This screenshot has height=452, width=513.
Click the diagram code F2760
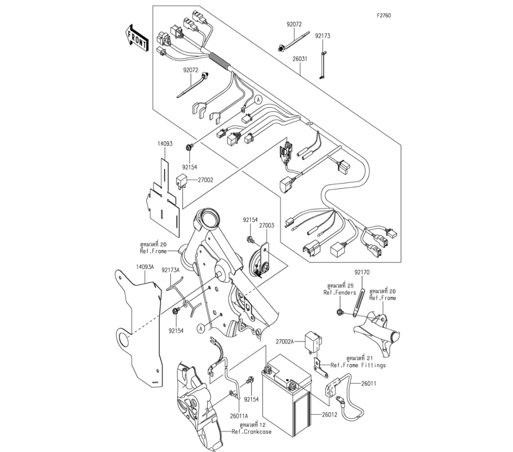(384, 15)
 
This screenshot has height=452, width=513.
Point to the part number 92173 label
(323, 36)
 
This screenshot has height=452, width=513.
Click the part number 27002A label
(286, 341)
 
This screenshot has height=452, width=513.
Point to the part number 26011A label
(239, 416)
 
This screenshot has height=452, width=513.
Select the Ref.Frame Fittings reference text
(358, 365)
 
